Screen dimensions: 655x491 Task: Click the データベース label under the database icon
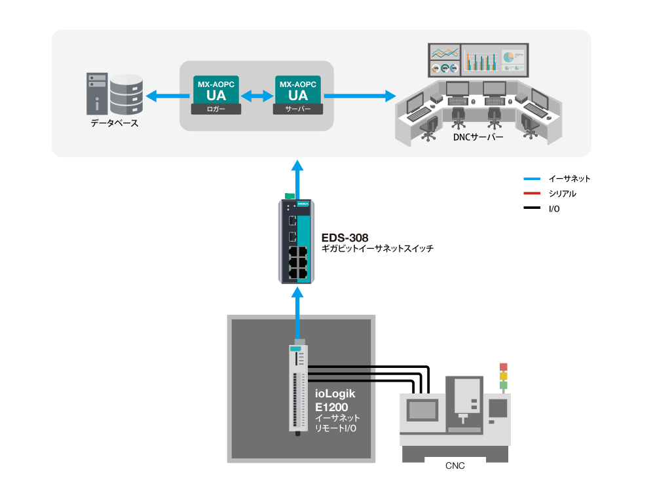115,123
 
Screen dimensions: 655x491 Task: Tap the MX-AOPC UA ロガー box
216,95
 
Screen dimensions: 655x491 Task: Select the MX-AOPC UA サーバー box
298,95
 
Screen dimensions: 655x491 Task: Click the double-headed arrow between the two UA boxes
257,96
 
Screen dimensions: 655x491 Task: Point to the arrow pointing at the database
167,96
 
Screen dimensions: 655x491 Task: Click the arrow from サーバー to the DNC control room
360,96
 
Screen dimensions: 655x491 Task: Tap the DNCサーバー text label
478,137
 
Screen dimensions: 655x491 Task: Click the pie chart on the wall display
508,57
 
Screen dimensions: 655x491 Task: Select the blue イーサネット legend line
532,179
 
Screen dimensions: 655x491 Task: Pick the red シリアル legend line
532,193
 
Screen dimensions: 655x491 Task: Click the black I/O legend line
532,208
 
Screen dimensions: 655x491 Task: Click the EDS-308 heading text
345,238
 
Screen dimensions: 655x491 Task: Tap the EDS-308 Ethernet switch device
296,242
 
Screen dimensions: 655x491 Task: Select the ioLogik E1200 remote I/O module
298,388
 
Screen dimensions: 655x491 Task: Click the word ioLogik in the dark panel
335,393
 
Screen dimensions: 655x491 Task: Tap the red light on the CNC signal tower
503,367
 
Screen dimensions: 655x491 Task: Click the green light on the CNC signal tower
503,385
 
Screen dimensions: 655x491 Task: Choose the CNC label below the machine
455,466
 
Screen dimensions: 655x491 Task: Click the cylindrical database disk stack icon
126,95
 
